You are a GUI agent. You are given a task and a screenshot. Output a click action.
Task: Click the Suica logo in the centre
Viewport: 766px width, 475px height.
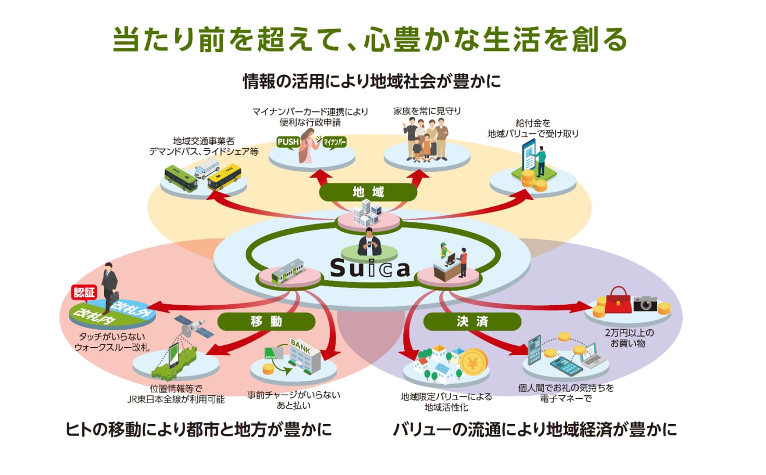370,268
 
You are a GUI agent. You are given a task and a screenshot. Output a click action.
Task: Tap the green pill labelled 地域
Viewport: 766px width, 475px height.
368,192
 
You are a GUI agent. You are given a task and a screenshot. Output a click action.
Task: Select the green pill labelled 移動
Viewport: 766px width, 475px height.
266,321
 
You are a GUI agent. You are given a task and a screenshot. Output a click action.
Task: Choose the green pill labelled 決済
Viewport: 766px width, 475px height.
473,321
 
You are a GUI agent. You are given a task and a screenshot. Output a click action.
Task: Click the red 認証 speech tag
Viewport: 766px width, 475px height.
84,293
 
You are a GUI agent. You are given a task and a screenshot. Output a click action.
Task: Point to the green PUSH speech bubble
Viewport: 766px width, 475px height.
288,142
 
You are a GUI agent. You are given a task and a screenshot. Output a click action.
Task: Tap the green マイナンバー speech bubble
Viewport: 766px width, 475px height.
334,142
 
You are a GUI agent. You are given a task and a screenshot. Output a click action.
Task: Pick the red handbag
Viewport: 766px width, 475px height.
618,301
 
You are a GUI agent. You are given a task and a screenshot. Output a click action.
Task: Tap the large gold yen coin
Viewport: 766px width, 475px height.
473,362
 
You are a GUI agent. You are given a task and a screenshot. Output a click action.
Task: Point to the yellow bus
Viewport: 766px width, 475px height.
224,177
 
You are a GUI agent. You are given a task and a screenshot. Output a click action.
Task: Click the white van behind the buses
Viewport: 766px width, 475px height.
207,168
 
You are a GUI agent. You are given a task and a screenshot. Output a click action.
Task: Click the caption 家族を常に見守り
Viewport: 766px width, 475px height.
427,111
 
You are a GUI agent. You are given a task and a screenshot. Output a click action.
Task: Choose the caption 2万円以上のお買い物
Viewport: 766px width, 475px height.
629,338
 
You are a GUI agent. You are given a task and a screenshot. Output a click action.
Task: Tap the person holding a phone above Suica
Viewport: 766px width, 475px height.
369,242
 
